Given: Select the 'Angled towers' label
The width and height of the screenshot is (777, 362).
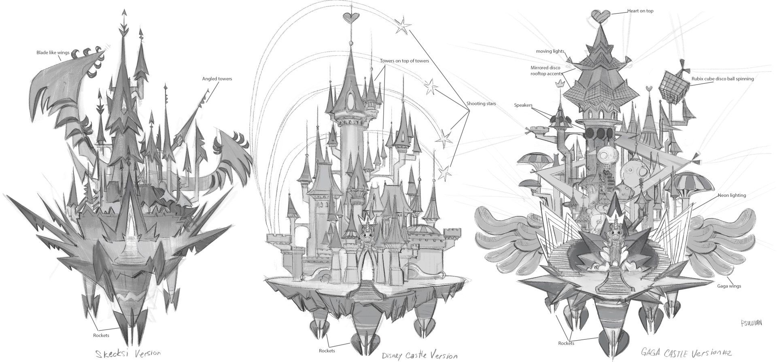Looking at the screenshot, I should (217, 79).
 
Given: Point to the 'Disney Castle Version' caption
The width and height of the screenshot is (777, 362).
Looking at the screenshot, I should (420, 356).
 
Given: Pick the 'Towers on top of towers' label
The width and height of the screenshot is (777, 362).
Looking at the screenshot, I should (404, 61).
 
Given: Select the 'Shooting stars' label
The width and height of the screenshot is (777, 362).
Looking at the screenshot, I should (481, 104).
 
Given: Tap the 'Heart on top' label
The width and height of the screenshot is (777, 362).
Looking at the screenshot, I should (640, 11).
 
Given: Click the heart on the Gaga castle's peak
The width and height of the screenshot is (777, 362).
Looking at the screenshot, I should (600, 16).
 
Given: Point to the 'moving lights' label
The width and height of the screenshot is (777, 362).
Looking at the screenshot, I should (550, 51).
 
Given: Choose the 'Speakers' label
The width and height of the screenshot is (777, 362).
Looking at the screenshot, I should (523, 105).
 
